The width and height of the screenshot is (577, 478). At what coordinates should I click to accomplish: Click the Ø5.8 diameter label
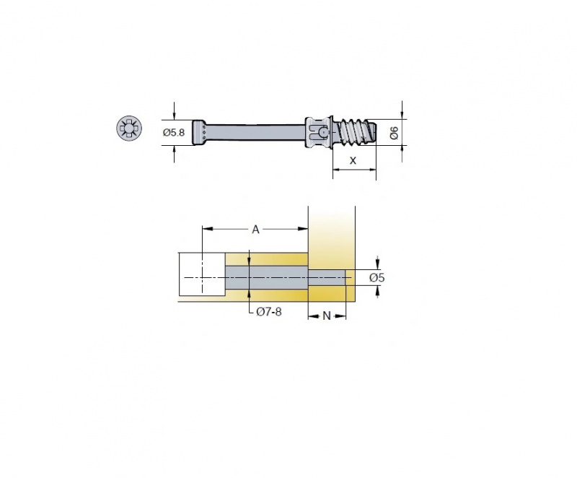(x=174, y=132)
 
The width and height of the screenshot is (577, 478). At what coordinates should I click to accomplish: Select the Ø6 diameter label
(x=394, y=133)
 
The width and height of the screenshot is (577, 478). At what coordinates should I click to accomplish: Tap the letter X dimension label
(x=353, y=160)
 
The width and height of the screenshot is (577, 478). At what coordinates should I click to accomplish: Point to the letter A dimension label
(x=255, y=230)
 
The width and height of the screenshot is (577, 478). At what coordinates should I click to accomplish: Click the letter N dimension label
(x=327, y=316)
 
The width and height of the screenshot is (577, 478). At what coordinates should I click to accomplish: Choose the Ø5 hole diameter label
(x=376, y=277)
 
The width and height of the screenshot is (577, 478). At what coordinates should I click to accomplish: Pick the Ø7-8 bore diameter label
(x=269, y=312)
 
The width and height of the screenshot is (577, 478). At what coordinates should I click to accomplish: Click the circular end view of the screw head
(x=129, y=128)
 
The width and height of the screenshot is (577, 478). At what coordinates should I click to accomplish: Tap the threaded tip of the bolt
(x=355, y=132)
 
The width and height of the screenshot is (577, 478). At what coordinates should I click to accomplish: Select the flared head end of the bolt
(x=200, y=132)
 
